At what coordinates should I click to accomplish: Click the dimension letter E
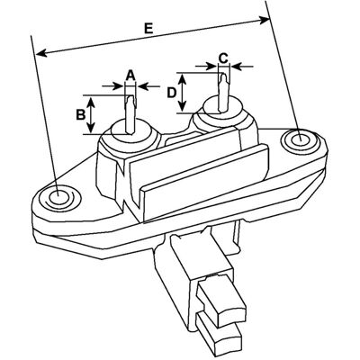point(148,29)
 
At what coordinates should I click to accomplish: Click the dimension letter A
point(130,76)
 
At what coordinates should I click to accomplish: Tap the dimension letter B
point(80,115)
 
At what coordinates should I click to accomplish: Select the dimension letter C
point(223,58)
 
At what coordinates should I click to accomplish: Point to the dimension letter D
point(171,93)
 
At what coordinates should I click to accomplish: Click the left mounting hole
point(57,198)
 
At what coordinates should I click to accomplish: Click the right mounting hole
point(301,139)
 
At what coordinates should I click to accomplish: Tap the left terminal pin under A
point(130,114)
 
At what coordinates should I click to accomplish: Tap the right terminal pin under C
point(223,93)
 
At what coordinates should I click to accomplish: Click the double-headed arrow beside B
point(92,114)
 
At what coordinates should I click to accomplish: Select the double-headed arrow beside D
point(183,93)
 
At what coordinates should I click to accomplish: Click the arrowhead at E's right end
point(264,20)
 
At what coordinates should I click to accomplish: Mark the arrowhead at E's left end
point(41,53)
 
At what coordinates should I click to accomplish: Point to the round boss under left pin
point(130,136)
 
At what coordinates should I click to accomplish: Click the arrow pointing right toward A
point(113,86)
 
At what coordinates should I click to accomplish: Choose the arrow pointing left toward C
point(242,66)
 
